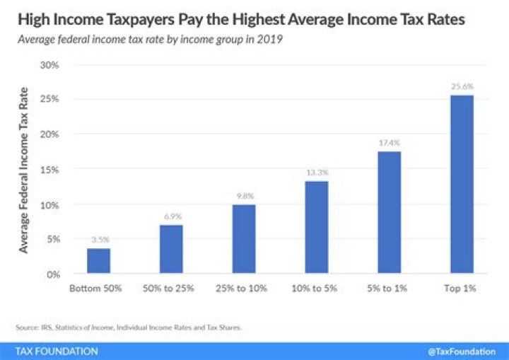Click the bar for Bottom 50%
pos(98,261)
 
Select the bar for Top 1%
pos(462,185)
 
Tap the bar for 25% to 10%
pos(244,239)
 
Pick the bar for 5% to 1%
pos(389,212)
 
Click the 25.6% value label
pos(462,86)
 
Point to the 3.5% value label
pos(98,239)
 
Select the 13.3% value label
pos(316,172)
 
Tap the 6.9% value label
pos(171,216)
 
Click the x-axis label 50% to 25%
pos(171,289)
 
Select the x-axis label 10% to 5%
pos(316,289)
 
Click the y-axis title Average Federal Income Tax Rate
pos(25,170)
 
